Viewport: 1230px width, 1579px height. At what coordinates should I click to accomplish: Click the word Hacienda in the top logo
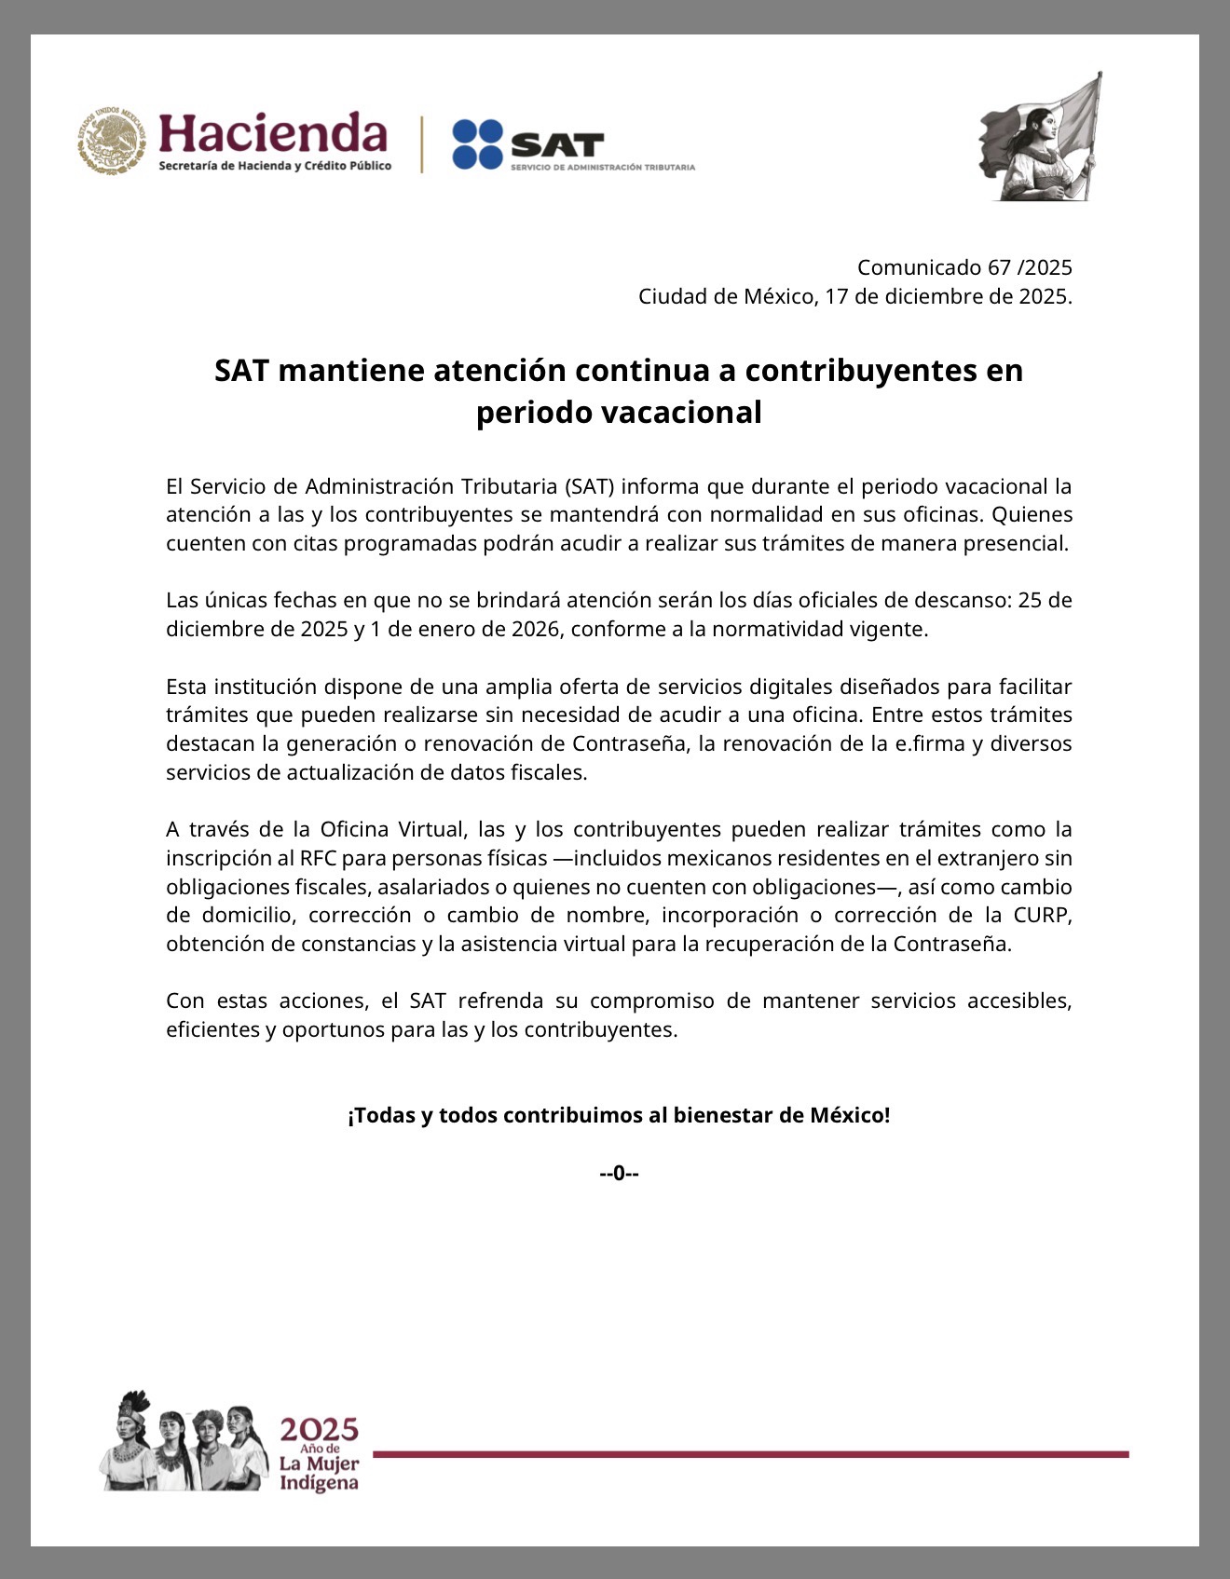point(272,132)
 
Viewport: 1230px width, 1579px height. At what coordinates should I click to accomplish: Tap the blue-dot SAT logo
point(527,144)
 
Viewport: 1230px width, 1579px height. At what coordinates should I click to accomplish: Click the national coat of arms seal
point(112,141)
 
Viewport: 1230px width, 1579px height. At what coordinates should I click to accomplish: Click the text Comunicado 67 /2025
point(964,267)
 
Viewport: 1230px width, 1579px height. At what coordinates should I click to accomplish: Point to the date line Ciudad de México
point(854,296)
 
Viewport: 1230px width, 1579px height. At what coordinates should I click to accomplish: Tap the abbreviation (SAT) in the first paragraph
point(588,486)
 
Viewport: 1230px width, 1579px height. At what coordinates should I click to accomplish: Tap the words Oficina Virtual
point(391,829)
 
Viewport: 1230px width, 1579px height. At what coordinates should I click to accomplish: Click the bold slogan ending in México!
point(619,1115)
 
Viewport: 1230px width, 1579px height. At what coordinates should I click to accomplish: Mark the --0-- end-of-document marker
point(619,1173)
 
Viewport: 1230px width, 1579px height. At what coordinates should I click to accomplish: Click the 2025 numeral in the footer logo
point(320,1430)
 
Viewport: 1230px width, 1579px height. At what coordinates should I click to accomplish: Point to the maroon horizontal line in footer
point(750,1454)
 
